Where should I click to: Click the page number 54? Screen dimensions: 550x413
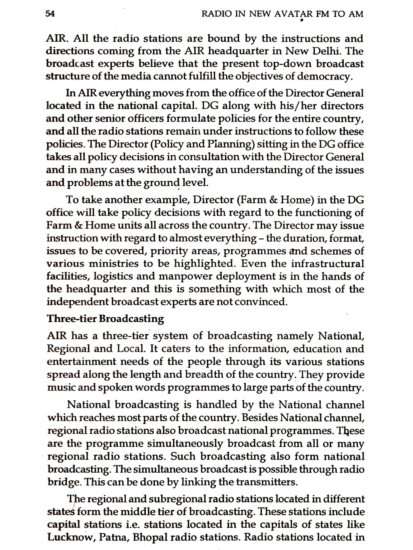50,14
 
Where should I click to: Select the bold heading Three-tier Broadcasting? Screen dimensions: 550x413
105,319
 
